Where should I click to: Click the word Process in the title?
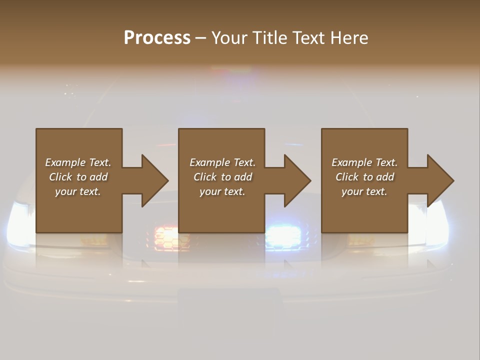(x=157, y=37)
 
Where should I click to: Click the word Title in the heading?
(x=269, y=37)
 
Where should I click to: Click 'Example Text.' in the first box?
(x=78, y=162)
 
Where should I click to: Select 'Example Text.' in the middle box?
(x=222, y=162)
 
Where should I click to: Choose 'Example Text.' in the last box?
(x=364, y=162)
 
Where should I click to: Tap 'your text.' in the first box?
(x=78, y=191)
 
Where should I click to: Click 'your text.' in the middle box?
(x=222, y=191)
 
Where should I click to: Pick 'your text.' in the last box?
(x=364, y=191)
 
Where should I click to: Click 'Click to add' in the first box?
(x=78, y=177)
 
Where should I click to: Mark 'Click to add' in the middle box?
(x=222, y=177)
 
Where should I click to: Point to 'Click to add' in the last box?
(x=364, y=177)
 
